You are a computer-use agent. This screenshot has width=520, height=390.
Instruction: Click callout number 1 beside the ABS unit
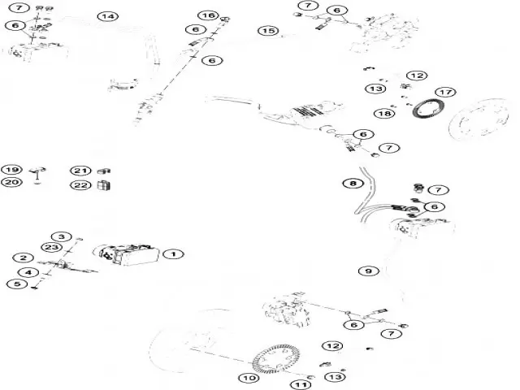point(172,253)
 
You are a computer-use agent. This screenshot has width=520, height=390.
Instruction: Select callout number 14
point(107,16)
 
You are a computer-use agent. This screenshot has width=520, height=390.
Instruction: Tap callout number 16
point(208,15)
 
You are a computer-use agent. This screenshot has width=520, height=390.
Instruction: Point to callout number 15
point(268,31)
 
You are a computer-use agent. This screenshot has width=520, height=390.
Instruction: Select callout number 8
point(352,184)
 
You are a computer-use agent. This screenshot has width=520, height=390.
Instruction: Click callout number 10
point(247,377)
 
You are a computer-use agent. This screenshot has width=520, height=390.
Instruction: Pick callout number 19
point(11,170)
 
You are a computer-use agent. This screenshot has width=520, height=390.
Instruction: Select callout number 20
point(11,183)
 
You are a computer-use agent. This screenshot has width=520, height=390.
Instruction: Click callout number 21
point(80,171)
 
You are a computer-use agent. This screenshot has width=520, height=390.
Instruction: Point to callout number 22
point(80,185)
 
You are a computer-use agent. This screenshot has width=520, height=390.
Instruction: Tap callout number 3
point(66,236)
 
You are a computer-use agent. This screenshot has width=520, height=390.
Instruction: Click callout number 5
point(15,284)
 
